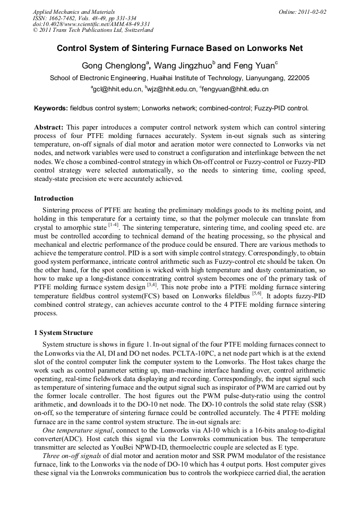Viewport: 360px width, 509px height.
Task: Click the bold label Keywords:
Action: (51, 108)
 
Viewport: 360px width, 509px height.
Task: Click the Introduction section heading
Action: (53, 199)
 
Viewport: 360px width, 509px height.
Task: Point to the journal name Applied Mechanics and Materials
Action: (74, 12)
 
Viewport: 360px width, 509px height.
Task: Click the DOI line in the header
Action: (91, 24)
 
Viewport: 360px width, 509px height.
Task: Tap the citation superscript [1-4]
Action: (113, 225)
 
